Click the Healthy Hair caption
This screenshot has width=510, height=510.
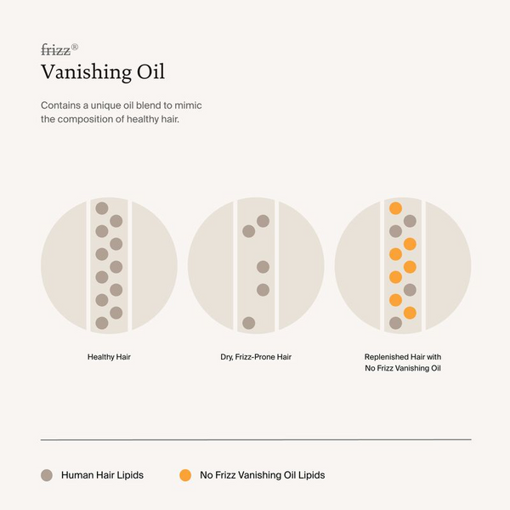pos(109,357)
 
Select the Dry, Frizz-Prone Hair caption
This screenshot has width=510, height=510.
pos(256,357)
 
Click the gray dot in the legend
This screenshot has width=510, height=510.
pos(48,475)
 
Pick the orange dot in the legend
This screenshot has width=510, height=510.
pos(185,475)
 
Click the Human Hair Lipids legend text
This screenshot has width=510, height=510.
pos(102,475)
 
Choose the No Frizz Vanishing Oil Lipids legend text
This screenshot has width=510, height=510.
pos(263,475)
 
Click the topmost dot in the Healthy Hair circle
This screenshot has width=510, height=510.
pos(102,208)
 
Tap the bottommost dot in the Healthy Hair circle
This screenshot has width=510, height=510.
pos(102,323)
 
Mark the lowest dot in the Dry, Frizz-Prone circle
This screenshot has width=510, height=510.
pos(248,323)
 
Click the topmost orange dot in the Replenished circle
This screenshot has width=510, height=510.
pos(395,208)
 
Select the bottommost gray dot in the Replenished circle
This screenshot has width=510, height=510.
pos(395,323)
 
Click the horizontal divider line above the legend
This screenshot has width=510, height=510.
pos(255,439)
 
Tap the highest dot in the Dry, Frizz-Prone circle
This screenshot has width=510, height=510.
pos(263,221)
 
